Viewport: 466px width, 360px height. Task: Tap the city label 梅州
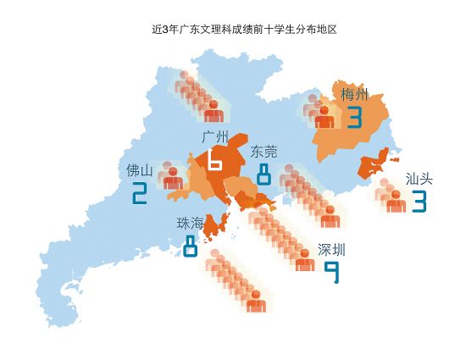[x=354, y=93]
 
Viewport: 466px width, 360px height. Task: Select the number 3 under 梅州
[x=353, y=117]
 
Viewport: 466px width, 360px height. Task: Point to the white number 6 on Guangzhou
[x=214, y=159]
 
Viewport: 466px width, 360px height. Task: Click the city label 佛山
[x=140, y=170]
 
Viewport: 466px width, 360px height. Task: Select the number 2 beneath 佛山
[x=140, y=195]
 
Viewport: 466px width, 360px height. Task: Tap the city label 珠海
[x=190, y=224]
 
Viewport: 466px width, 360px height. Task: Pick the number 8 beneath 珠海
[x=190, y=246]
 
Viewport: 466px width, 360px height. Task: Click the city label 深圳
[x=331, y=250]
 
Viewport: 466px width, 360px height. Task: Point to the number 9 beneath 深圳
[x=332, y=273]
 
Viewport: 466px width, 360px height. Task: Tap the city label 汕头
[x=419, y=179]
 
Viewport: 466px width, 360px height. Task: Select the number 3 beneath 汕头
[x=419, y=202]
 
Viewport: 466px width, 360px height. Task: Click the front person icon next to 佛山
[x=173, y=178]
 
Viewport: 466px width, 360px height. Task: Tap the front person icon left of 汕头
[x=395, y=201]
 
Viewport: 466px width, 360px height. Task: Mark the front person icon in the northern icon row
[x=214, y=110]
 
